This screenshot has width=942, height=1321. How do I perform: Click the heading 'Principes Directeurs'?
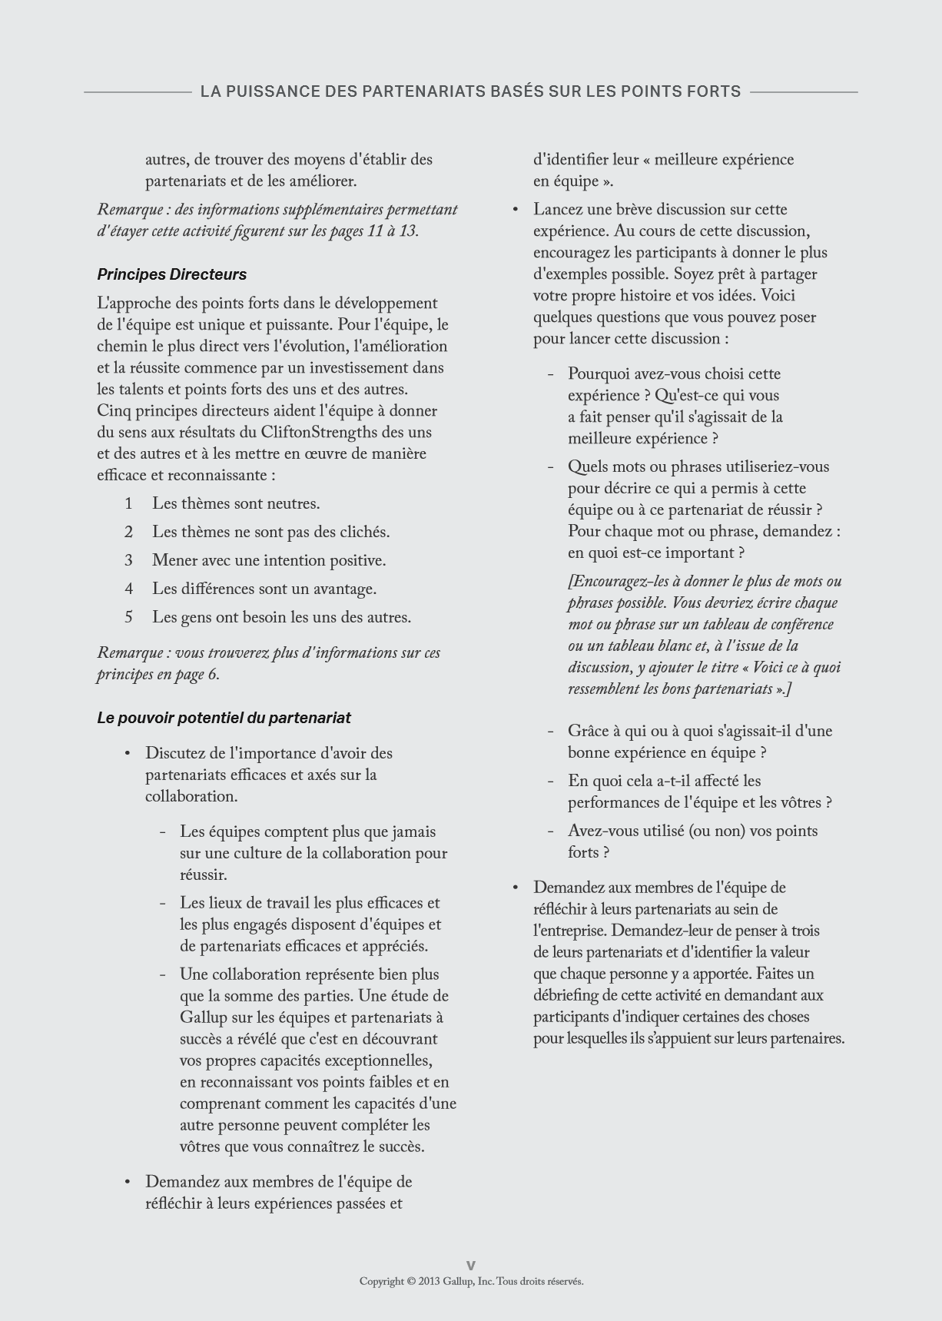[x=171, y=274]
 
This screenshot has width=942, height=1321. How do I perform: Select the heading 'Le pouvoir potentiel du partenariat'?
[x=224, y=718]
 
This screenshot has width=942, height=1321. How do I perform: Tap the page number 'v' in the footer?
[x=471, y=1264]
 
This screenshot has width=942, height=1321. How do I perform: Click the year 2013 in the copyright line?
[x=430, y=1281]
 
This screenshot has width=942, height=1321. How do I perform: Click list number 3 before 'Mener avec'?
[x=129, y=560]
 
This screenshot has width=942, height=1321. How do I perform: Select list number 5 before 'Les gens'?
[x=129, y=617]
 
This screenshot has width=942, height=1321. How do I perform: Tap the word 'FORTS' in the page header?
[x=715, y=91]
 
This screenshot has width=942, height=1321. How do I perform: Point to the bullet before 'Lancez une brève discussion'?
[x=516, y=210]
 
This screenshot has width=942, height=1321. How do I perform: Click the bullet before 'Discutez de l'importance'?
[x=128, y=753]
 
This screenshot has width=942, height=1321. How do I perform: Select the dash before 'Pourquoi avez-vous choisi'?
[x=551, y=374]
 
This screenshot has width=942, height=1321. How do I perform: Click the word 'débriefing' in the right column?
[x=565, y=995]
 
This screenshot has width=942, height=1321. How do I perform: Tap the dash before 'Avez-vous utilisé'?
[x=551, y=831]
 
